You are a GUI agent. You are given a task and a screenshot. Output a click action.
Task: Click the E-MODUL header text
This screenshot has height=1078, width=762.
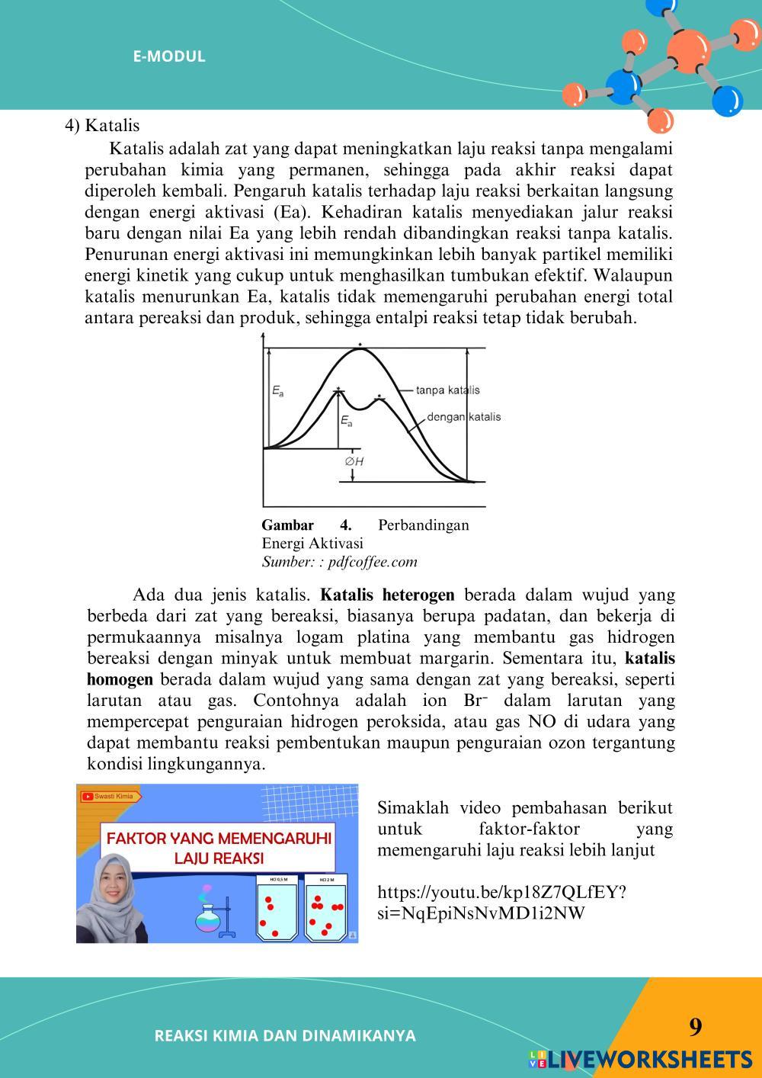[169, 56]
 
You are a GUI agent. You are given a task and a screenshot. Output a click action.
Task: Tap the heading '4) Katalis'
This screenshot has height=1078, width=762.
[101, 126]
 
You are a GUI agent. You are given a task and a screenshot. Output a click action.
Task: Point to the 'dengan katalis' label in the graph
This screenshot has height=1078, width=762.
[463, 417]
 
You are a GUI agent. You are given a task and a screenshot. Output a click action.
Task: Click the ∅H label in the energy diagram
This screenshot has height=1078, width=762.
[354, 461]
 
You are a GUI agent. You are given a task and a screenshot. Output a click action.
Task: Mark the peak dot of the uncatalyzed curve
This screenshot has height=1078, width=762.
[360, 344]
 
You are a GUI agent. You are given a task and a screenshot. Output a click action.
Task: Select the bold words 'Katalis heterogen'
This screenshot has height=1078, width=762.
[387, 595]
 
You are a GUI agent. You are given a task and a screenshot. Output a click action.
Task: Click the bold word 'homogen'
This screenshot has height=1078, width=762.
[120, 679]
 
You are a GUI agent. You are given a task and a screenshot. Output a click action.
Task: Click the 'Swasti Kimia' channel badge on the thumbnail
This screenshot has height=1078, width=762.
[109, 796]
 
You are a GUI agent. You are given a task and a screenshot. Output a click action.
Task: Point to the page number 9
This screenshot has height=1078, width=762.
[695, 1028]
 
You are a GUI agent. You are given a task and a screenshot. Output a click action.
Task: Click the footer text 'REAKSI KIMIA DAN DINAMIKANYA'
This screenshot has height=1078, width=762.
[285, 1036]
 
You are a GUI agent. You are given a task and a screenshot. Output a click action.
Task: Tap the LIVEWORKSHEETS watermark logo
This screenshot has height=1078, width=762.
[640, 1059]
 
